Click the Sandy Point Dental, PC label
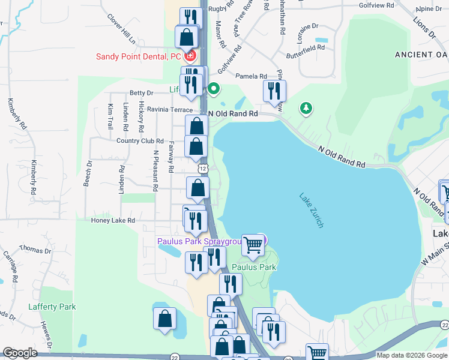[138, 57]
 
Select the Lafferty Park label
[52, 307]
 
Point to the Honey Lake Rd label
[113, 220]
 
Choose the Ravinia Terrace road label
[170, 110]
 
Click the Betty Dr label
[142, 93]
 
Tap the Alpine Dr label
[429, 8]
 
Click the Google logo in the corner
[20, 353]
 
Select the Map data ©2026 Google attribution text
[411, 355]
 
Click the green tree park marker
[306, 107]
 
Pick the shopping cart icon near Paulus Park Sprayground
[253, 244]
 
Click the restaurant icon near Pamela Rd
[274, 91]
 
